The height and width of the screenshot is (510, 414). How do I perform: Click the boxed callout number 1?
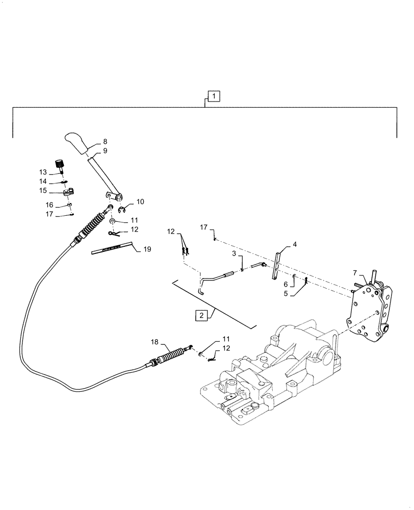[x=214, y=95]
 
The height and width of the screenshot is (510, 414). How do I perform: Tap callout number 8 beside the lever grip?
[x=105, y=141]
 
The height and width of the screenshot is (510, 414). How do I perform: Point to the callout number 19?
[x=147, y=249]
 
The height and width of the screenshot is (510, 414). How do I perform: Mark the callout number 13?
[x=43, y=171]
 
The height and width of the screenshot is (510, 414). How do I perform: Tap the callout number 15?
[x=43, y=190]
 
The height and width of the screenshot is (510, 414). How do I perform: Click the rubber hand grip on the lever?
[x=77, y=143]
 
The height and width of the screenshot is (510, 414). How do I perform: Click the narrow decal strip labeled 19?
[x=110, y=249]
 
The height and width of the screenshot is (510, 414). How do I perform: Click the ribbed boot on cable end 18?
[x=171, y=355]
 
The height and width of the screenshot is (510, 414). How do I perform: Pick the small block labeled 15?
[x=68, y=193]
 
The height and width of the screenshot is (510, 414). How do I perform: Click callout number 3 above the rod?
[x=234, y=253]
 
